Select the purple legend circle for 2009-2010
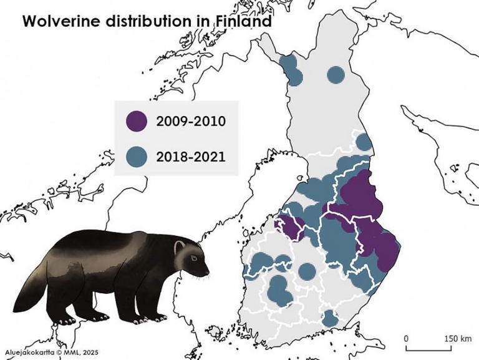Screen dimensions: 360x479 [x=136, y=120]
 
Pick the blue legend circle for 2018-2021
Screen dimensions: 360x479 [x=136, y=155]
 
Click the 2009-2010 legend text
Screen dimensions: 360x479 [x=191, y=120]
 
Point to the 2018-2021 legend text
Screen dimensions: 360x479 [x=191, y=155]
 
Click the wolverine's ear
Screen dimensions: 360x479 [x=179, y=245]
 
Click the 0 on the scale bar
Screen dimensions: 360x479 [x=406, y=338]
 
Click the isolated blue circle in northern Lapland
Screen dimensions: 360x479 [x=336, y=75]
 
